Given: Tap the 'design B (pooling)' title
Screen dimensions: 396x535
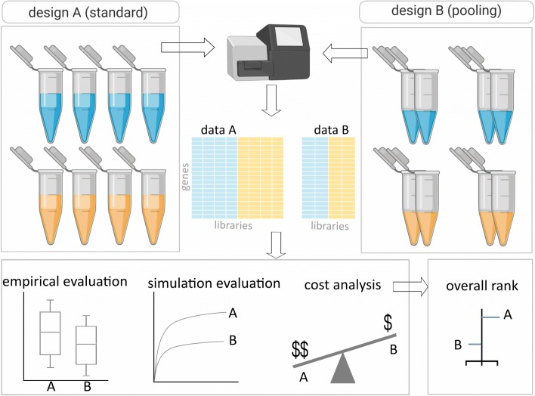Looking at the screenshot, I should (x=447, y=11).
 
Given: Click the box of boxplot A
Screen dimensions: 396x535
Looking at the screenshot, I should (x=51, y=332).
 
